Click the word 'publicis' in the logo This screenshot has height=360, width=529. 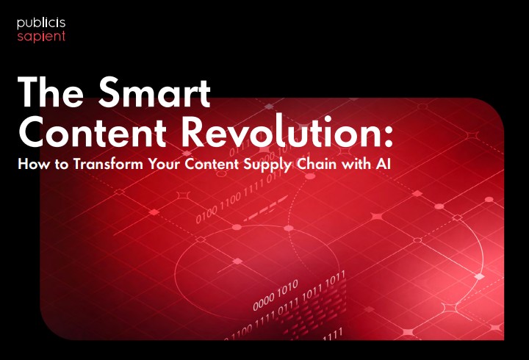tap(41, 24)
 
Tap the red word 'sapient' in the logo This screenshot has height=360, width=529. tap(41, 37)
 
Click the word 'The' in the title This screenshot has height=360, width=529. tap(51, 91)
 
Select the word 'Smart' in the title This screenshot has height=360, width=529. tap(154, 91)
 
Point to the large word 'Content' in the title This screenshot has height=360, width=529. tap(93, 132)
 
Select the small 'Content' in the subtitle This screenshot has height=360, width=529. tap(212, 164)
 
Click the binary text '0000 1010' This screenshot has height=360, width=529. tap(276, 295)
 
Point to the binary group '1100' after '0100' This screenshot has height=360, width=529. tap(231, 202)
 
